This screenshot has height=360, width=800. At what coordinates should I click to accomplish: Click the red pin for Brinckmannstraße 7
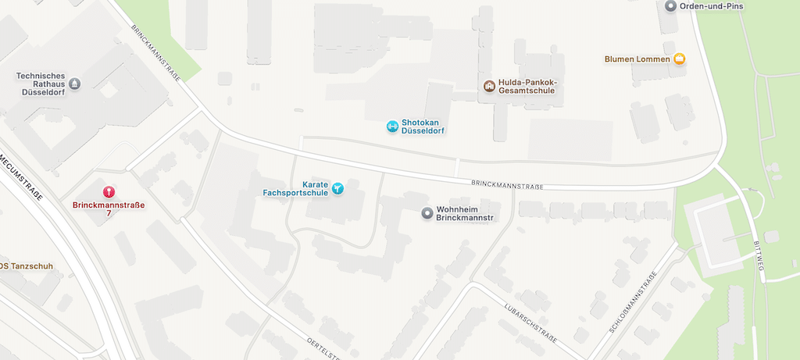point(109,191)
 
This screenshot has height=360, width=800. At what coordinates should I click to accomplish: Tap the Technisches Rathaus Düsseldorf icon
point(74,84)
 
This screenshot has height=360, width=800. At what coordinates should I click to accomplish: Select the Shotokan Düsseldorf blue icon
point(392,126)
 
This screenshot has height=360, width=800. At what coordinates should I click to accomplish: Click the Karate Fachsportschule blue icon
point(337,188)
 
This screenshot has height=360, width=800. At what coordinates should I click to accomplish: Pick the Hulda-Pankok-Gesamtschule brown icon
point(489,86)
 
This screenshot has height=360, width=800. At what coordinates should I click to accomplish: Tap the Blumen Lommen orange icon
point(680,59)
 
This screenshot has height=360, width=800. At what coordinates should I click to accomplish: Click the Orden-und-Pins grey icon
point(670,6)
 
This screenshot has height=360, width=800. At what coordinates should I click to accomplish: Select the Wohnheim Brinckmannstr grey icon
point(427,212)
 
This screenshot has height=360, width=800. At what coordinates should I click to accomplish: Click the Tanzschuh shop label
point(27,266)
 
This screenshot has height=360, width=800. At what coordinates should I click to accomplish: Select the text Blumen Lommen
point(637,59)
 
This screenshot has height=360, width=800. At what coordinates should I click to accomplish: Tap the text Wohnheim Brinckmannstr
point(466,212)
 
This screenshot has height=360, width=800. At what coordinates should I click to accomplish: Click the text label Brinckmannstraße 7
point(109,209)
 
